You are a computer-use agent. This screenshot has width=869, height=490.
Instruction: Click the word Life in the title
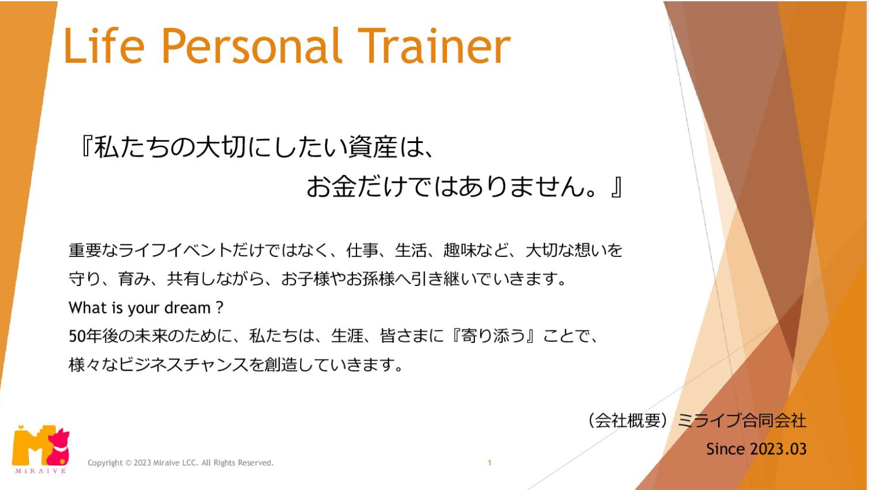click(104, 45)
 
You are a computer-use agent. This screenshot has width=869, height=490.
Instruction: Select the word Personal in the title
click(252, 46)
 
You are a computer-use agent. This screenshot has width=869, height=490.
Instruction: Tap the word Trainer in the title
click(434, 45)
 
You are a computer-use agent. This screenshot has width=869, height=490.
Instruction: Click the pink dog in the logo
click(58, 447)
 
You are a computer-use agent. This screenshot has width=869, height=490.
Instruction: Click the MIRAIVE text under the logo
click(40, 471)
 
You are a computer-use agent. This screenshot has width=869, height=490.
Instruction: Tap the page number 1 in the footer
click(490, 463)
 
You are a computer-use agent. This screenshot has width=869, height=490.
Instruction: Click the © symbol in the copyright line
click(128, 463)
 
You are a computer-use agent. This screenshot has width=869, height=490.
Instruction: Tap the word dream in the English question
click(187, 308)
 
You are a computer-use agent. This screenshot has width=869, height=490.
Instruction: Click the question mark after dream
click(220, 308)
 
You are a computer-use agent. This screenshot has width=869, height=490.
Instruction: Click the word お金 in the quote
click(331, 187)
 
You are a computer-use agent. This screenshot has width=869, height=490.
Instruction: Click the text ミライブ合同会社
click(742, 420)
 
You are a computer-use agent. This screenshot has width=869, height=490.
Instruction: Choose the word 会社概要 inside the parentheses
click(628, 420)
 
